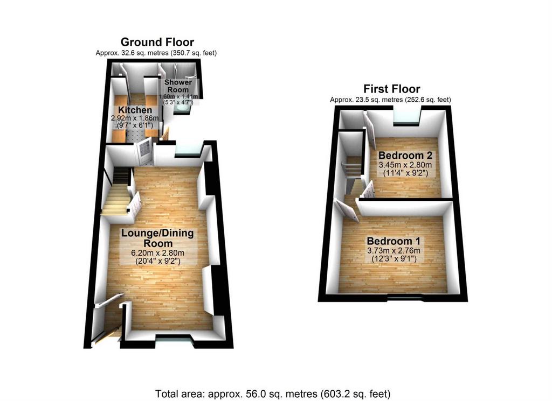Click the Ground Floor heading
click(x=157, y=42)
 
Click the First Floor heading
click(x=391, y=89)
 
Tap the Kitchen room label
click(x=135, y=110)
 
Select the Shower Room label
click(x=178, y=86)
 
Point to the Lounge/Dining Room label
click(x=157, y=238)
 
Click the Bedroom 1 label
click(x=394, y=241)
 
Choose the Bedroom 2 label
click(x=405, y=155)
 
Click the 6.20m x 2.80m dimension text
click(x=158, y=252)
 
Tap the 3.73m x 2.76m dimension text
click(x=394, y=251)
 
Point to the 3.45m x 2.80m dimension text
click(x=405, y=165)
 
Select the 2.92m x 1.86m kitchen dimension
click(x=135, y=118)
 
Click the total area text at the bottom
click(x=273, y=393)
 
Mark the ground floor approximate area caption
click(x=156, y=53)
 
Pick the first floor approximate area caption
click(x=390, y=100)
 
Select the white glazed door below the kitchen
click(x=144, y=151)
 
